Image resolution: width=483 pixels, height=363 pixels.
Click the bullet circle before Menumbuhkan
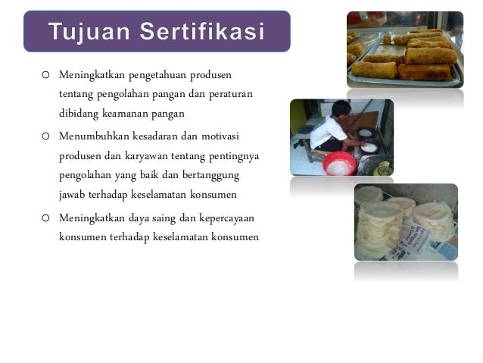pyautogui.click(x=45, y=136)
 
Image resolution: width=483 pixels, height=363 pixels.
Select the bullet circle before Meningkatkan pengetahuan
pyautogui.click(x=45, y=77)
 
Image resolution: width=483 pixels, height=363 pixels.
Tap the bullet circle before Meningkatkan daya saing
pyautogui.click(x=45, y=218)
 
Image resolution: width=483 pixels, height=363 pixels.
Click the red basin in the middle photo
pyautogui.click(x=339, y=162)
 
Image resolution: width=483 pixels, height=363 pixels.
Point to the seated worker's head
pyautogui.click(x=341, y=108)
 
